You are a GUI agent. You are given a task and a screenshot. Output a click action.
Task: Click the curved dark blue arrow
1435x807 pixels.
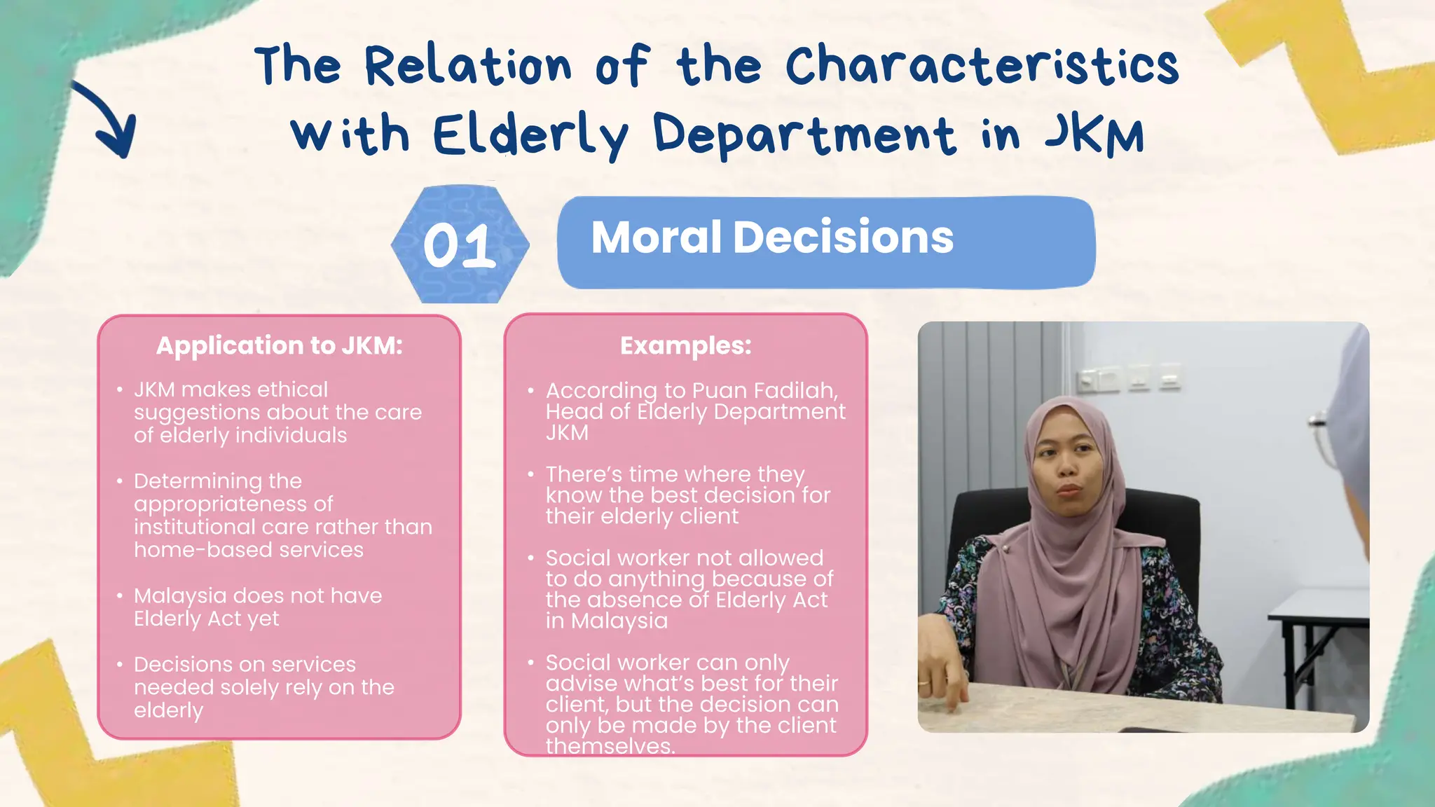tap(109, 119)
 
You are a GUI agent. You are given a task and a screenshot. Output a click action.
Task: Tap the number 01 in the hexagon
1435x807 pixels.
tap(460, 246)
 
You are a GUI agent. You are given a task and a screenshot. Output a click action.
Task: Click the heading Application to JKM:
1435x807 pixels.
tap(279, 345)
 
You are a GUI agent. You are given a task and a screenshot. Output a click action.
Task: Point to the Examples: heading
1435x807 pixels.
tap(685, 345)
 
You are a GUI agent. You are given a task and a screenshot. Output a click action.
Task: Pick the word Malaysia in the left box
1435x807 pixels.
tap(180, 595)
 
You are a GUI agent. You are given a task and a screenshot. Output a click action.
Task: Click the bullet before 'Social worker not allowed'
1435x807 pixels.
tap(531, 558)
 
